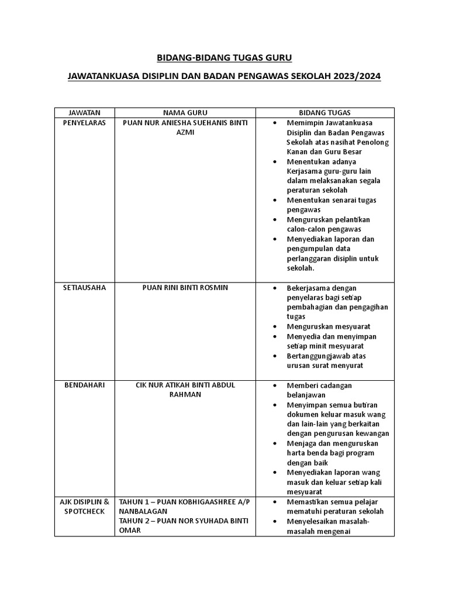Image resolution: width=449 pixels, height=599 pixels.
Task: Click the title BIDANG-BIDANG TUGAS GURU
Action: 224,58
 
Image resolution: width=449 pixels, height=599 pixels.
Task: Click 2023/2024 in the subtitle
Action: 357,77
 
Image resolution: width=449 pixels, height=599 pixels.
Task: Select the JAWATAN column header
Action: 84,112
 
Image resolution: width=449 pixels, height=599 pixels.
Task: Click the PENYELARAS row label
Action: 84,123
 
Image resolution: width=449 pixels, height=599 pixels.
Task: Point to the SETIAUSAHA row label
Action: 84,288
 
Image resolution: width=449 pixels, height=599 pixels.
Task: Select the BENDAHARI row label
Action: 84,385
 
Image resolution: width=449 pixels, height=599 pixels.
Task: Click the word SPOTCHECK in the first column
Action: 84,511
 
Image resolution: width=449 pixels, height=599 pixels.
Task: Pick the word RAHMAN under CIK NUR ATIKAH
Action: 185,395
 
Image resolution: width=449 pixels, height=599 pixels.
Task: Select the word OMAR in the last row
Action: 130,531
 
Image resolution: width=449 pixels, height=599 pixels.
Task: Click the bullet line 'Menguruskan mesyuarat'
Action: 328,326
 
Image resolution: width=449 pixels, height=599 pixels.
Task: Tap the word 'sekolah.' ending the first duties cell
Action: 301,268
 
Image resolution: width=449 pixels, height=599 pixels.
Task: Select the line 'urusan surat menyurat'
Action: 324,366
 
